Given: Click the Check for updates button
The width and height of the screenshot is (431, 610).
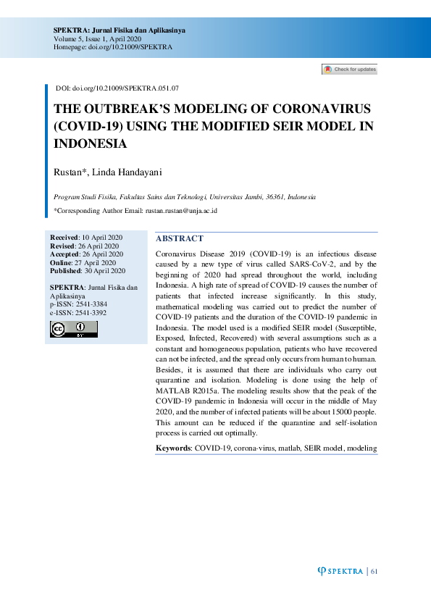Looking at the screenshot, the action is [x=349, y=70].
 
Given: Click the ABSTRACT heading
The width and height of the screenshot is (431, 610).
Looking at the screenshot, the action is [x=180, y=238].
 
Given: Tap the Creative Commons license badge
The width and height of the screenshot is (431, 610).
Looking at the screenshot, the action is [x=73, y=330].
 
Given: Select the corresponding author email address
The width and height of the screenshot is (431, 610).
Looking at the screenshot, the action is [x=182, y=211].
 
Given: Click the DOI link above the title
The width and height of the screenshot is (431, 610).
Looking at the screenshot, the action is [x=117, y=88].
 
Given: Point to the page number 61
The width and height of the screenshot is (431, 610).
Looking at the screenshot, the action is [x=374, y=572].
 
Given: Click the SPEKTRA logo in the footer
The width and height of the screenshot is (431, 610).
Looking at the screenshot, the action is [x=340, y=572].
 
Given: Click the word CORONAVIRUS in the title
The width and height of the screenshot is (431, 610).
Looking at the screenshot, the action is [x=321, y=109].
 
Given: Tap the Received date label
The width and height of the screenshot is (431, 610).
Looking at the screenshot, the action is [x=64, y=238].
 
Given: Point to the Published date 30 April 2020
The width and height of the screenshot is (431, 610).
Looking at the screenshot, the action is [x=104, y=270].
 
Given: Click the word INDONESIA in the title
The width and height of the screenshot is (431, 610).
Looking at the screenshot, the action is [x=91, y=143].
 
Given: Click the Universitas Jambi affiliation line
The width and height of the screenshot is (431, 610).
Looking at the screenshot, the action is [x=185, y=197].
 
